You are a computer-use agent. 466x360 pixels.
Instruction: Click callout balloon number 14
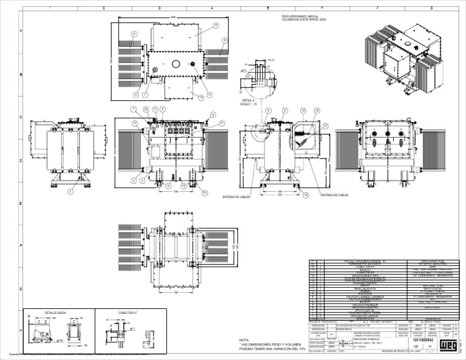[x=215, y=25]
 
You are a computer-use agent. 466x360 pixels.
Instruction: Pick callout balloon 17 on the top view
[x=210, y=95]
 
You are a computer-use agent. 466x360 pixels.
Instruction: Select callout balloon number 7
[x=145, y=95]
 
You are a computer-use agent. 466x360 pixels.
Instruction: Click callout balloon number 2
[x=70, y=192]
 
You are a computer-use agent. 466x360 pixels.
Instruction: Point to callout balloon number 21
[x=222, y=123]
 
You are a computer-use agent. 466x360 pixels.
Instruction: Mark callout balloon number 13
[x=135, y=123]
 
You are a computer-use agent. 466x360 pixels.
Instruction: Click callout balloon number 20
[x=146, y=109]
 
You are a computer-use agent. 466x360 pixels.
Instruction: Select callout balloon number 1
[x=133, y=109]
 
